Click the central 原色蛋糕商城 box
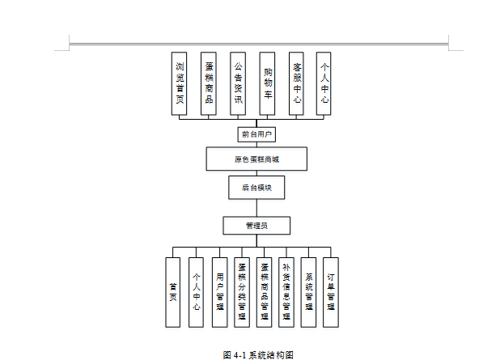pyautogui.click(x=256, y=159)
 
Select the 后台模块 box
pyautogui.click(x=256, y=188)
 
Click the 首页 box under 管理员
pyautogui.click(x=173, y=292)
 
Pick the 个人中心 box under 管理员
pyautogui.click(x=196, y=292)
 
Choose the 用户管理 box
pyautogui.click(x=219, y=292)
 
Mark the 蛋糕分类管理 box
pyautogui.click(x=242, y=292)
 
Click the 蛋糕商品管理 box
pyautogui.click(x=265, y=292)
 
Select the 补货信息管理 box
pyautogui.click(x=286, y=292)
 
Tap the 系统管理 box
pyautogui.click(x=308, y=292)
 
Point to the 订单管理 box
pyautogui.click(x=331, y=292)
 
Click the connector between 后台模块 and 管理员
pyautogui.click(x=256, y=208)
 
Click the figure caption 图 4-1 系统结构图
pyautogui.click(x=257, y=354)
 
